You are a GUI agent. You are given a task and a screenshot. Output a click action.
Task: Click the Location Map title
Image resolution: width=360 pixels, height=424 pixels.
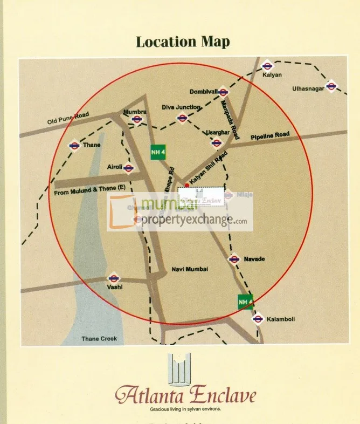(x=183, y=42)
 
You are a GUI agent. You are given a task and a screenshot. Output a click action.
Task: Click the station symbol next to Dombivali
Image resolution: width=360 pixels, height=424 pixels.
(x=223, y=92)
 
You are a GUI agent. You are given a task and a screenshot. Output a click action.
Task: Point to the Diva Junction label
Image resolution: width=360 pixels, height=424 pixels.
(x=182, y=107)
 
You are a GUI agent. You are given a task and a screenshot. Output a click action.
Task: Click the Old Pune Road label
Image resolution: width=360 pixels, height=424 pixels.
(x=68, y=120)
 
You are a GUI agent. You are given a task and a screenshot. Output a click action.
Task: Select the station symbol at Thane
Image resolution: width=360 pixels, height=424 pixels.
(x=74, y=145)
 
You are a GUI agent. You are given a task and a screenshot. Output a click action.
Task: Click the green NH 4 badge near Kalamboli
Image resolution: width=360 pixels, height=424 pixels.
(x=245, y=302)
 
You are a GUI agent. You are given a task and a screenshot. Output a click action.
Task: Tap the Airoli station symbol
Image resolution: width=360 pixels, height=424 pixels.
(x=128, y=168)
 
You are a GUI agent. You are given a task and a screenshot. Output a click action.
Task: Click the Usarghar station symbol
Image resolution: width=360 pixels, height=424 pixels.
(x=217, y=143)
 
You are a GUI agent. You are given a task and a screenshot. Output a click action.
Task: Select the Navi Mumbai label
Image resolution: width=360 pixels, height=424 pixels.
(x=189, y=269)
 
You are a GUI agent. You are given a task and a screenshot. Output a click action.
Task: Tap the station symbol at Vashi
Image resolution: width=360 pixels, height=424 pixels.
(x=113, y=278)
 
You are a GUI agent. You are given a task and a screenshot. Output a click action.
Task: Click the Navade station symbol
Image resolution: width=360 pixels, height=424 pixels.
(x=234, y=259)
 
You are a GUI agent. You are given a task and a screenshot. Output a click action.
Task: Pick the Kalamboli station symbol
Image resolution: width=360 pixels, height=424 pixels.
(x=258, y=319)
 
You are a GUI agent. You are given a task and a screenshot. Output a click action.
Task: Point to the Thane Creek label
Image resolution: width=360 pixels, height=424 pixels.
(x=99, y=339)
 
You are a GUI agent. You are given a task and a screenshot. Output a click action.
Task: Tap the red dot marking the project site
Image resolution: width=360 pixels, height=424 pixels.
(x=186, y=185)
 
